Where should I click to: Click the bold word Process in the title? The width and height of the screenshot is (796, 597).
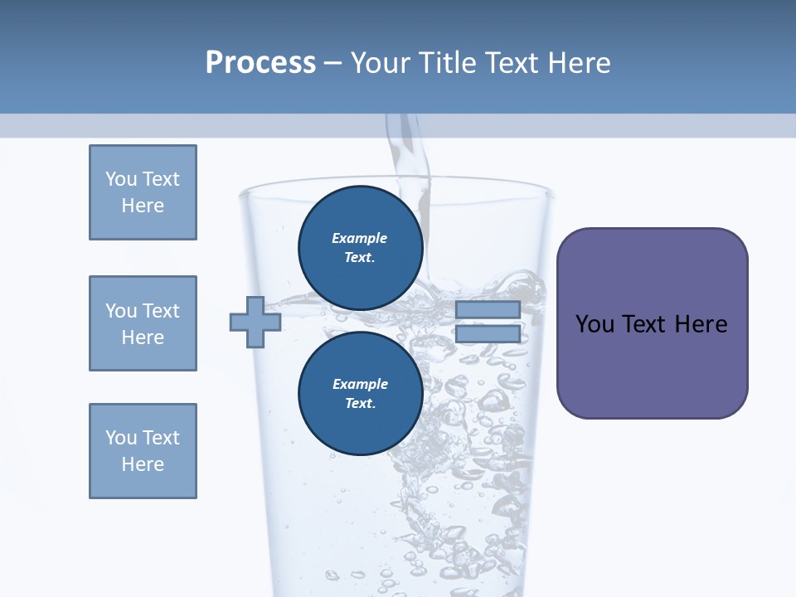pyautogui.click(x=260, y=62)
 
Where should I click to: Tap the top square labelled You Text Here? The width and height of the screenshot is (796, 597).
pyautogui.click(x=143, y=192)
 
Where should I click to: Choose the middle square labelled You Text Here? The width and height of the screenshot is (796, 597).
pyautogui.click(x=143, y=323)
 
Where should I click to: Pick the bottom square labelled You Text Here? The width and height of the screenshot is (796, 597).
pyautogui.click(x=143, y=451)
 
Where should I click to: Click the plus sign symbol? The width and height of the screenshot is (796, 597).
pyautogui.click(x=255, y=322)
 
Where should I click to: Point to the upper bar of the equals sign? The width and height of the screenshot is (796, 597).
pyautogui.click(x=488, y=310)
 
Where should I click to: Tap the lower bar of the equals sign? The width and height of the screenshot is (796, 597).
pyautogui.click(x=488, y=334)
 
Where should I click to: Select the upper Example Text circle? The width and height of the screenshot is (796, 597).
pyautogui.click(x=360, y=248)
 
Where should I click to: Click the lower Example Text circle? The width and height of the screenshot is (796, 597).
pyautogui.click(x=360, y=394)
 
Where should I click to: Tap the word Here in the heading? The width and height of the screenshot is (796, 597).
pyautogui.click(x=580, y=63)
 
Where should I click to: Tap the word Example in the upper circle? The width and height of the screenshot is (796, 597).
pyautogui.click(x=360, y=238)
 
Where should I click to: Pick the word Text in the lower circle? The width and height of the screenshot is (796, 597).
pyautogui.click(x=360, y=404)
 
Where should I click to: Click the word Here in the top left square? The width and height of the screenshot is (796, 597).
pyautogui.click(x=143, y=206)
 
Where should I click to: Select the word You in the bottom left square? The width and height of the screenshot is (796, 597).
pyautogui.click(x=119, y=438)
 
